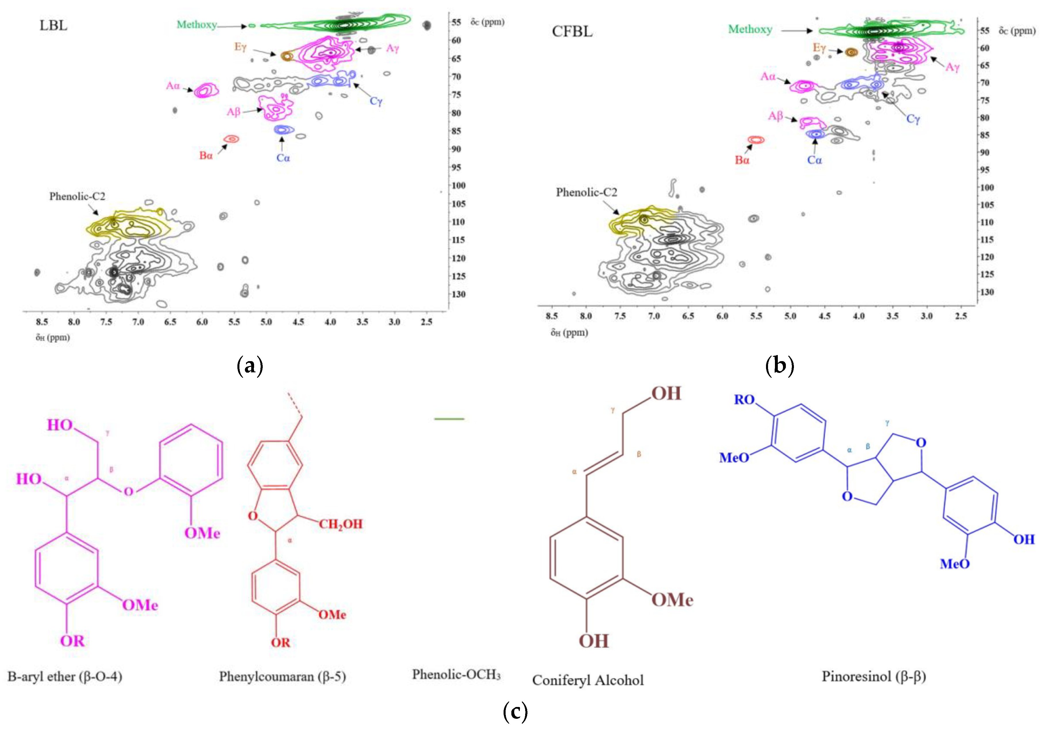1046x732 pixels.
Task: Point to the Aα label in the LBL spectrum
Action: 173,86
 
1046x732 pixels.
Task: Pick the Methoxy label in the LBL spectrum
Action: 197,24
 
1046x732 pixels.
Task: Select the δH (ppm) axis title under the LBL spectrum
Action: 53,338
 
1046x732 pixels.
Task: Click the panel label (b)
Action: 780,365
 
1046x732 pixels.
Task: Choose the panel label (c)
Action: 515,711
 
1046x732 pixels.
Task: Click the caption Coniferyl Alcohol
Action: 588,680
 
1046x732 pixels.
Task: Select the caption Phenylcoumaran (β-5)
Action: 283,676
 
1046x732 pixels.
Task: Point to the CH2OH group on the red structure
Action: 340,524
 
